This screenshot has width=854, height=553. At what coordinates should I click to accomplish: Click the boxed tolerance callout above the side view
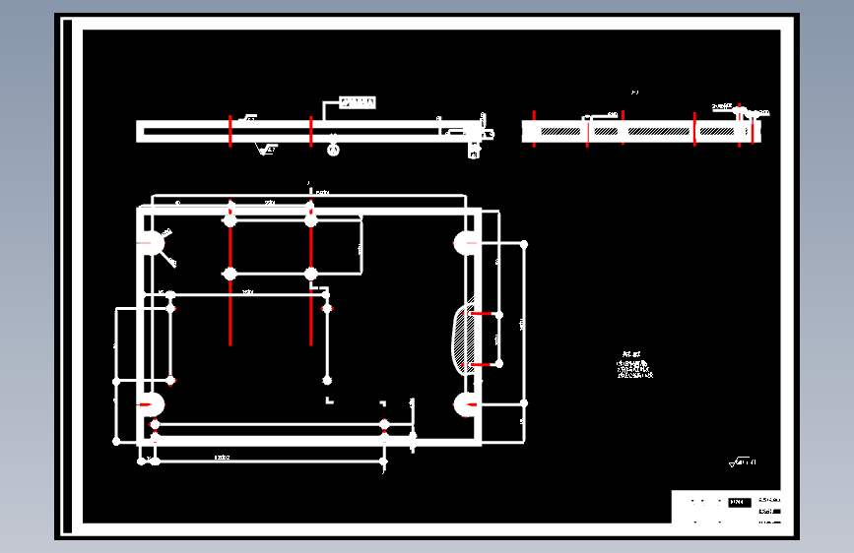pyautogui.click(x=358, y=101)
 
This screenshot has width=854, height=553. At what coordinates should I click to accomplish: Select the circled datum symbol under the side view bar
pyautogui.click(x=334, y=150)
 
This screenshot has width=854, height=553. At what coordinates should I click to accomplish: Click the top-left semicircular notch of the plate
pyautogui.click(x=151, y=242)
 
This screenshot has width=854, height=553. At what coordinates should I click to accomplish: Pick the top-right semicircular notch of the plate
pyautogui.click(x=465, y=242)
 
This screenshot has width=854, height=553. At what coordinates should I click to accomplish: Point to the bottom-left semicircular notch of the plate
pyautogui.click(x=151, y=403)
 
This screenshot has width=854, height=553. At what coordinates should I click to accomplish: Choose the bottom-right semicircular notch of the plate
pyautogui.click(x=465, y=403)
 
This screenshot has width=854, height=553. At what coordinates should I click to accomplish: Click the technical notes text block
pyautogui.click(x=632, y=367)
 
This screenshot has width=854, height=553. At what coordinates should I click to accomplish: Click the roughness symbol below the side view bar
pyautogui.click(x=266, y=150)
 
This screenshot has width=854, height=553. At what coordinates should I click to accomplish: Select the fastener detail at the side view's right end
pyautogui.click(x=476, y=134)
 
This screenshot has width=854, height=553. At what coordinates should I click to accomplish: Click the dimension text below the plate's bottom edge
pyautogui.click(x=223, y=458)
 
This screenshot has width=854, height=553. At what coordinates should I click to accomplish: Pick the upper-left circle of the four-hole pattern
pyautogui.click(x=230, y=221)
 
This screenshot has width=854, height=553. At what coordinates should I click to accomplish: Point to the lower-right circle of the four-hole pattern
pyautogui.click(x=310, y=274)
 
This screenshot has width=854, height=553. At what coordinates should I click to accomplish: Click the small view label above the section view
pyautogui.click(x=635, y=92)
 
